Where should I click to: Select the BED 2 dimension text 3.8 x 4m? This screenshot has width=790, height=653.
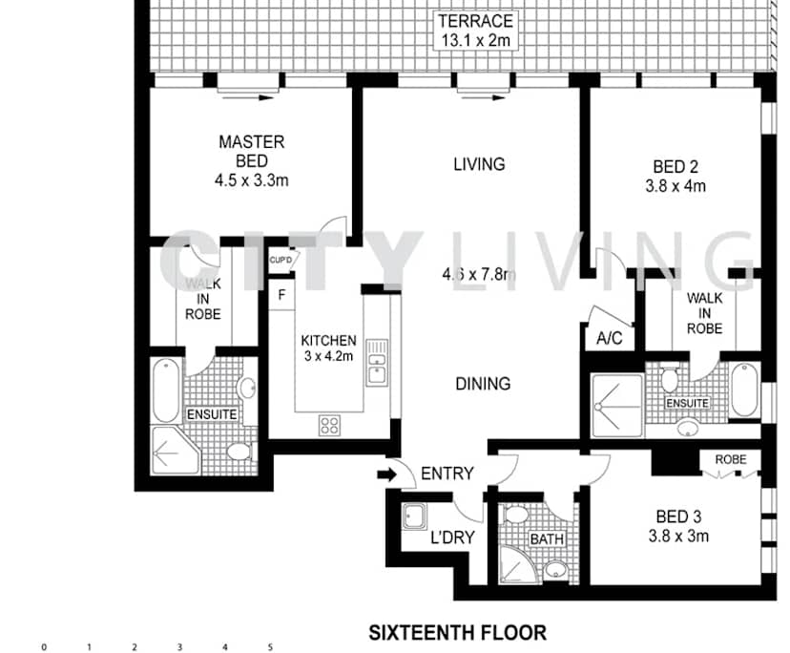(x=675, y=186)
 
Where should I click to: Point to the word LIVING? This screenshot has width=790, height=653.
(x=478, y=164)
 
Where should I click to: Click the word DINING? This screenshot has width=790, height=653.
(x=482, y=384)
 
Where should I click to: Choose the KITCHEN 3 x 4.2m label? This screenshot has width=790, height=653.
(x=328, y=348)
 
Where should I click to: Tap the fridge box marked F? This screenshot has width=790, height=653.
(x=281, y=294)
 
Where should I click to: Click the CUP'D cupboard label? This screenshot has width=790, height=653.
(x=281, y=260)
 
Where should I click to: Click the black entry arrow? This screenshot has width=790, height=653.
(x=387, y=473)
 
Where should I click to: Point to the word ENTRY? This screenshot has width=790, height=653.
(x=447, y=474)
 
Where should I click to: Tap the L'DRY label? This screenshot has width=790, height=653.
(x=451, y=537)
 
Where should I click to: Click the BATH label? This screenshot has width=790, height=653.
(x=547, y=539)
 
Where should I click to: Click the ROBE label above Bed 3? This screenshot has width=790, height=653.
(x=731, y=459)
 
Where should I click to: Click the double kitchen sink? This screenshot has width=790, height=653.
(x=377, y=362)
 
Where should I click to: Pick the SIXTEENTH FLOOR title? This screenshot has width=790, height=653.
(x=457, y=632)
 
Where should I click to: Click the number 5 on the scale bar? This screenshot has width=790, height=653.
(x=270, y=647)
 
